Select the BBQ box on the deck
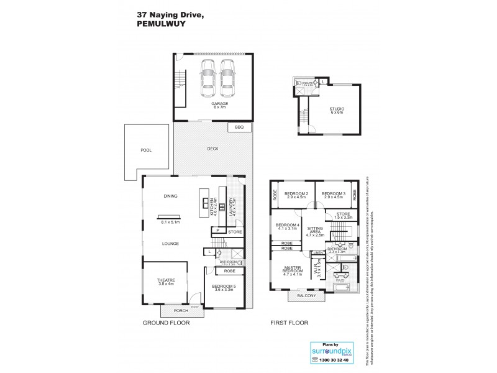(x=240, y=127)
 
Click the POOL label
(x=146, y=150)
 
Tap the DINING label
(x=170, y=196)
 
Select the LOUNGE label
(x=170, y=244)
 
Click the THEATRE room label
(x=165, y=280)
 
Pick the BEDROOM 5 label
(x=227, y=287)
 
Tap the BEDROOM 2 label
(x=297, y=194)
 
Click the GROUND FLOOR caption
(x=166, y=323)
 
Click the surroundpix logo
(x=331, y=351)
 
